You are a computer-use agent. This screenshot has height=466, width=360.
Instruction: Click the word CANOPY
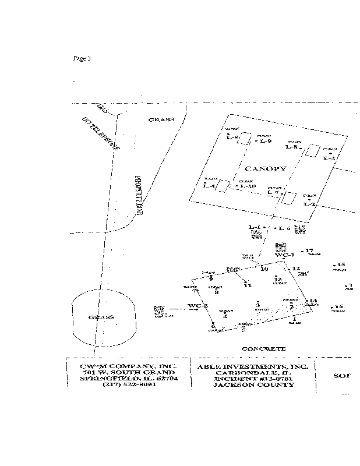(265, 169)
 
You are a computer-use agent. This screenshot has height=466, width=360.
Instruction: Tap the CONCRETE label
(264, 349)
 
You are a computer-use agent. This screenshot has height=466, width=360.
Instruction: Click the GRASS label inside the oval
(100, 317)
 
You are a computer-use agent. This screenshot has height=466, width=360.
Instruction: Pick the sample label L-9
(266, 140)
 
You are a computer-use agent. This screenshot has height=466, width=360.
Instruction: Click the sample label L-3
(330, 158)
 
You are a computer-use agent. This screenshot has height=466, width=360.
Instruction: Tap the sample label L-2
(309, 204)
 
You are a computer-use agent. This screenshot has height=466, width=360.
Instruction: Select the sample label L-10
(248, 186)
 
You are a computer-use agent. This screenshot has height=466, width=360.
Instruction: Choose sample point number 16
(338, 306)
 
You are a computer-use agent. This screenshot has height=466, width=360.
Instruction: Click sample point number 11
(248, 285)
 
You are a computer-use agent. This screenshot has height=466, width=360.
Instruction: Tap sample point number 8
(216, 293)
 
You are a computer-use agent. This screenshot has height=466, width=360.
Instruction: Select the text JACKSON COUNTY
(252, 385)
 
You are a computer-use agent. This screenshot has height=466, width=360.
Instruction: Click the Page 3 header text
(82, 58)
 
